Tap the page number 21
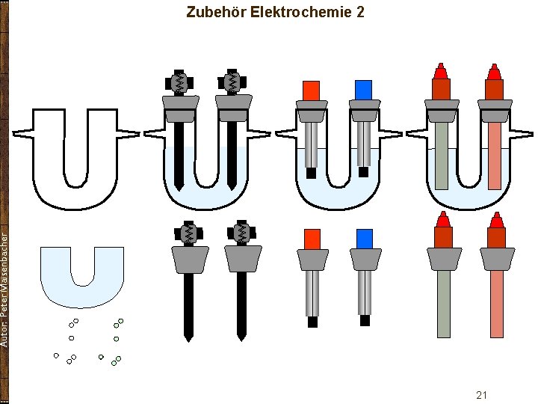coord(481,394)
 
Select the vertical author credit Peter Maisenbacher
coord(5,288)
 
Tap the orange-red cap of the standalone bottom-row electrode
coord(312,239)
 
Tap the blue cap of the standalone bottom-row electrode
coord(365,239)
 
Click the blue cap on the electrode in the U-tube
coord(364,90)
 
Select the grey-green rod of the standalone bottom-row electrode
coord(444,303)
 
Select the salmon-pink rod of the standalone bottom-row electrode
coord(496,303)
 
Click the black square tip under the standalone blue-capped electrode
coord(365,320)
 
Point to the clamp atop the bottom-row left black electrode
coord(188,233)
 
